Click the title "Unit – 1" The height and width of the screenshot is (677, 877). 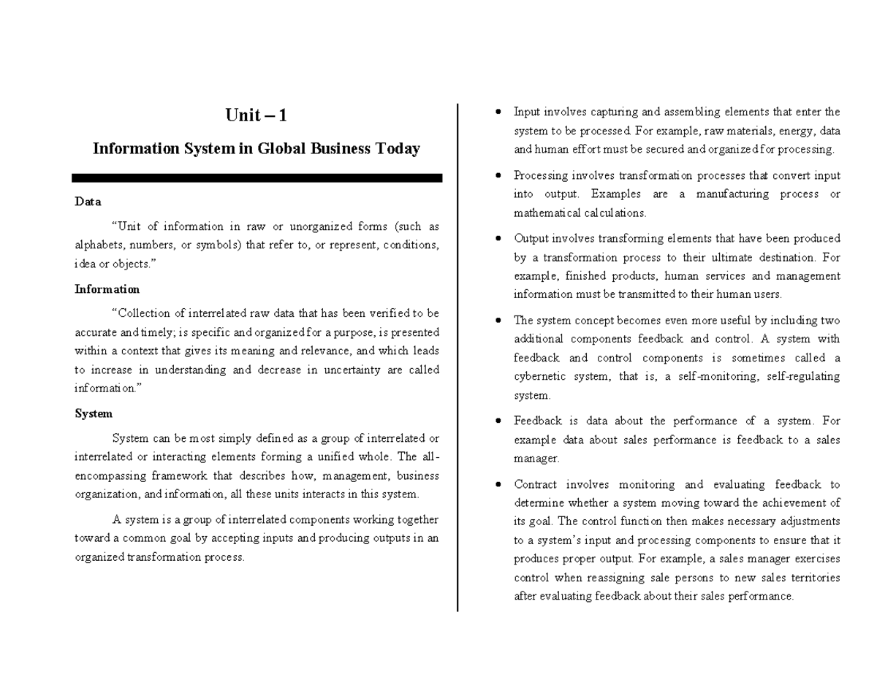(256, 116)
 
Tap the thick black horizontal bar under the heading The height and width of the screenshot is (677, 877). (257, 177)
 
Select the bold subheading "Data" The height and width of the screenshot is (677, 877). (88, 202)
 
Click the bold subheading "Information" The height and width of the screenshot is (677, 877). (107, 289)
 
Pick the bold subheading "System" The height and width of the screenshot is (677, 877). (94, 413)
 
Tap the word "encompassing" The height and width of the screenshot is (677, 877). (108, 476)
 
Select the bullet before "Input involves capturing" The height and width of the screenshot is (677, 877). (498, 112)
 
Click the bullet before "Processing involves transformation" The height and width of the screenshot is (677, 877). (498, 176)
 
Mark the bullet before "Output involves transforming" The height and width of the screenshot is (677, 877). (498, 239)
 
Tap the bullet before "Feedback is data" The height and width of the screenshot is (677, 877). (498, 421)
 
